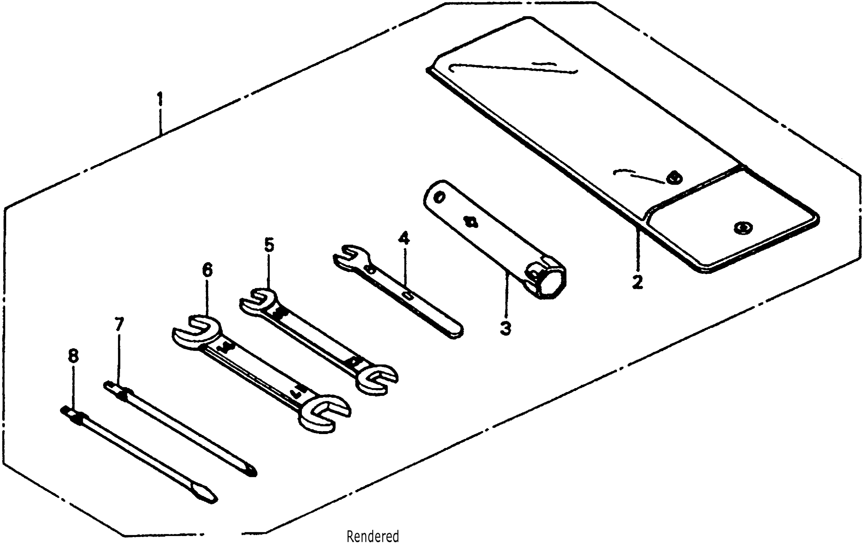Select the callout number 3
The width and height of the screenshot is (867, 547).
[x=506, y=328]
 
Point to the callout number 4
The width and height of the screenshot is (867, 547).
[x=404, y=238]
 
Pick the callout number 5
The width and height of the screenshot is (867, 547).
[x=269, y=245]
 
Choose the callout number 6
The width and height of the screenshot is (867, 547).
[x=207, y=270]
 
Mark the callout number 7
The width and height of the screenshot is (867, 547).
[x=119, y=324]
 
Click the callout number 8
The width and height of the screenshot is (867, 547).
[x=73, y=356]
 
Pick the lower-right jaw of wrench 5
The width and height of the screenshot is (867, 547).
[x=378, y=379]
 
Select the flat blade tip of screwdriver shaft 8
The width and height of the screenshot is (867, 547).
[x=211, y=498]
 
